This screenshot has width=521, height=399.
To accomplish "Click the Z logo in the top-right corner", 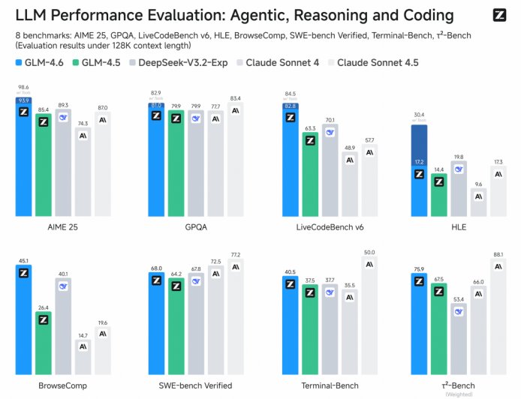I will pos(499,15).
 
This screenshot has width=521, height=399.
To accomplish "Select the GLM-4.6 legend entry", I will pos(43,63).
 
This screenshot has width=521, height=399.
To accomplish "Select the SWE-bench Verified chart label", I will pos(195,385).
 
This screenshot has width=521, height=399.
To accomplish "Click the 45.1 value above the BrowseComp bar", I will pos(23,261).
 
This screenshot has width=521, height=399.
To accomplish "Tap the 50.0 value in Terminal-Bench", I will pos(369,253).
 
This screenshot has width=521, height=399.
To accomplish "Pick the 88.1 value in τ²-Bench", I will pos(497,253).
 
